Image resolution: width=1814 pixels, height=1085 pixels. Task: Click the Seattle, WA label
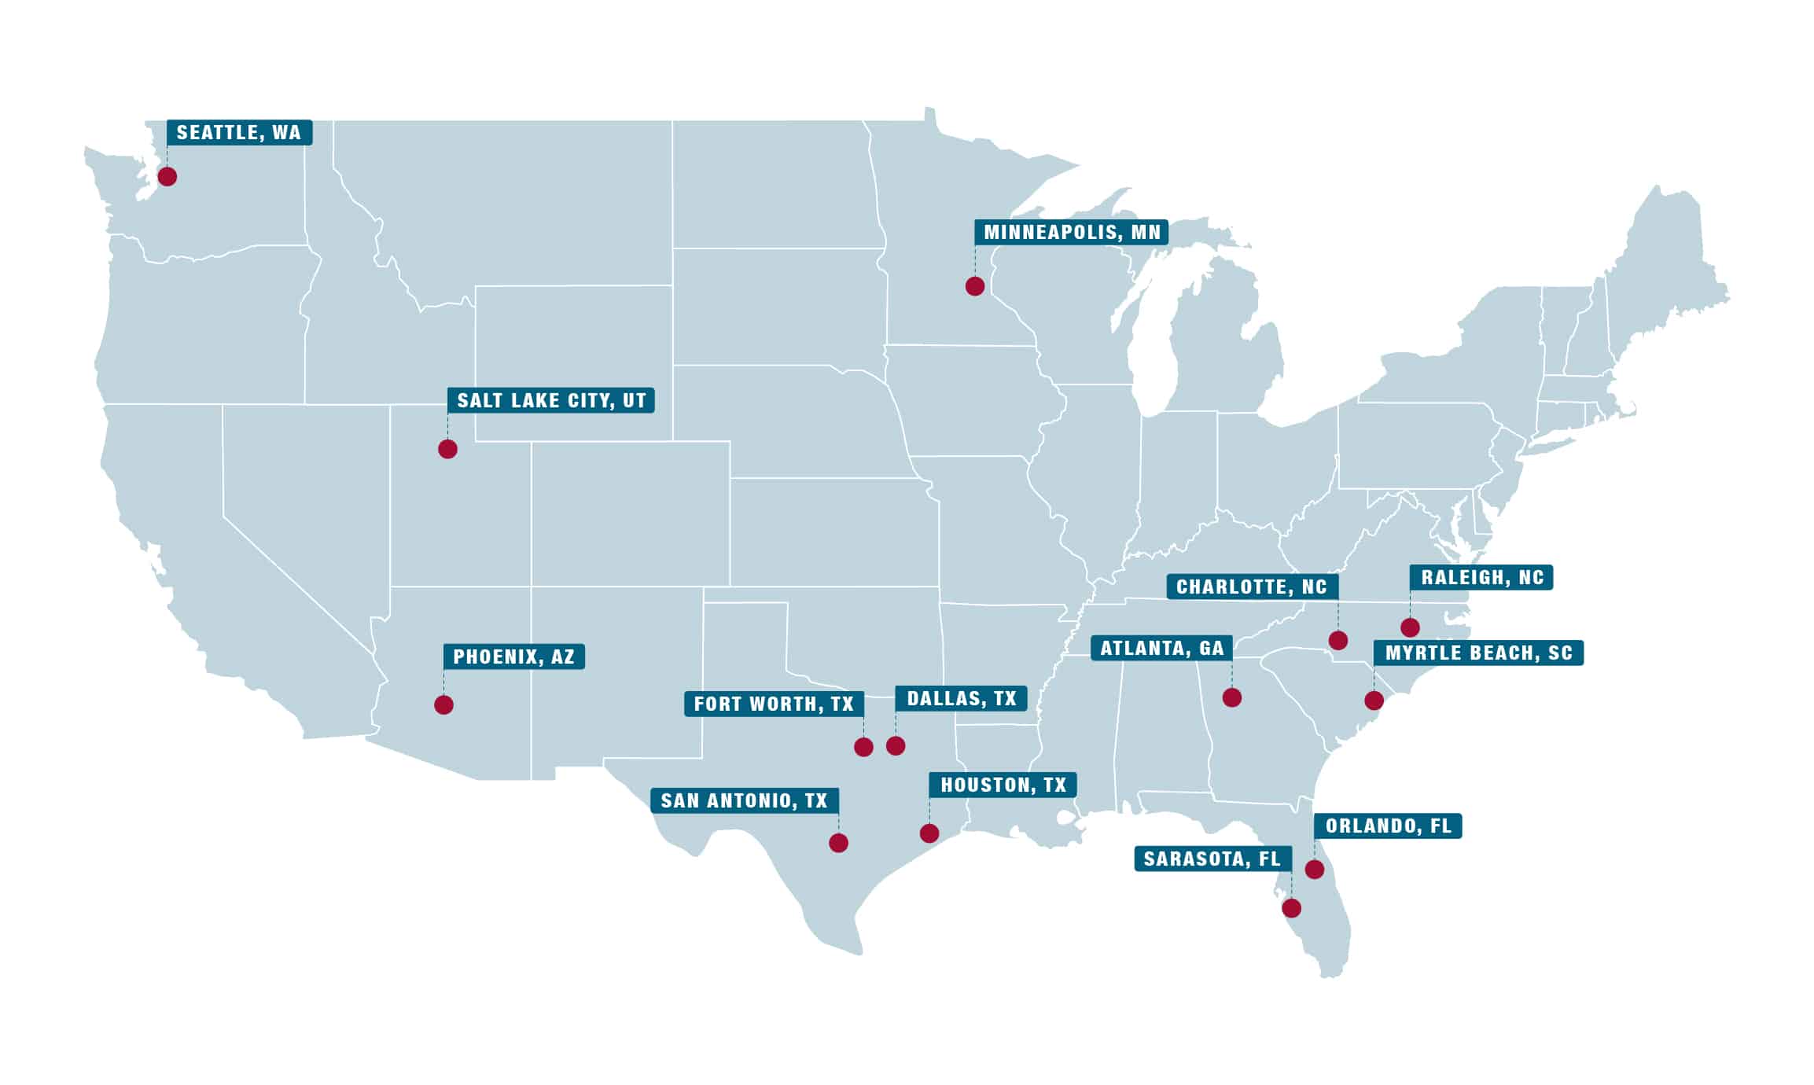point(239,132)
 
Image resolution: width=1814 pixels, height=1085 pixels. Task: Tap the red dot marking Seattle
point(167,176)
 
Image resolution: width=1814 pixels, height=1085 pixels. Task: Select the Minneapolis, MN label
point(1072,232)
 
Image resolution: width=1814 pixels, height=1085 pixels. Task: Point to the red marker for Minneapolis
point(974,286)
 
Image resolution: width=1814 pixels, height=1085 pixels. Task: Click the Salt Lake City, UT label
point(550,400)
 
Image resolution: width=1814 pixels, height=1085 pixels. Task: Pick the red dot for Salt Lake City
point(447,449)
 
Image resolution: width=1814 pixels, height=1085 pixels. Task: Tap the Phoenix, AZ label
point(513,657)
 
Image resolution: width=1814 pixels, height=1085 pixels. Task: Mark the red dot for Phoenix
point(443,704)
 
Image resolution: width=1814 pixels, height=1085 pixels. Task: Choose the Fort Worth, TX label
point(774,704)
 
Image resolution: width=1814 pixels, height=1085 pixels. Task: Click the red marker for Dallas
point(896,745)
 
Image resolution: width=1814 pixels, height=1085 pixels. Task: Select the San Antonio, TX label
point(744,800)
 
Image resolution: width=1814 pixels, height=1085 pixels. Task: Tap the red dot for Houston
point(929,833)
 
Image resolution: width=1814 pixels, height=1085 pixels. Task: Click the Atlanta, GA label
point(1161,648)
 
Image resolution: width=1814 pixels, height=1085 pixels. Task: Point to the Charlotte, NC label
point(1252,587)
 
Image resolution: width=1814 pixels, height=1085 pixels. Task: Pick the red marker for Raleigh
point(1410,627)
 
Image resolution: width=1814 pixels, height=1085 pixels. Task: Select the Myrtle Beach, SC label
point(1478,653)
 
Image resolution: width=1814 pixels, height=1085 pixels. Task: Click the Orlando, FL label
point(1388,826)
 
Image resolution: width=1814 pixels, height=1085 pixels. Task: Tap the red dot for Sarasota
point(1291,908)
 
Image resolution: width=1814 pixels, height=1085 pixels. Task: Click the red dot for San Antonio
point(838,843)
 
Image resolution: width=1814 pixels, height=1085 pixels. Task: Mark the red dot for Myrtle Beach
point(1374,700)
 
